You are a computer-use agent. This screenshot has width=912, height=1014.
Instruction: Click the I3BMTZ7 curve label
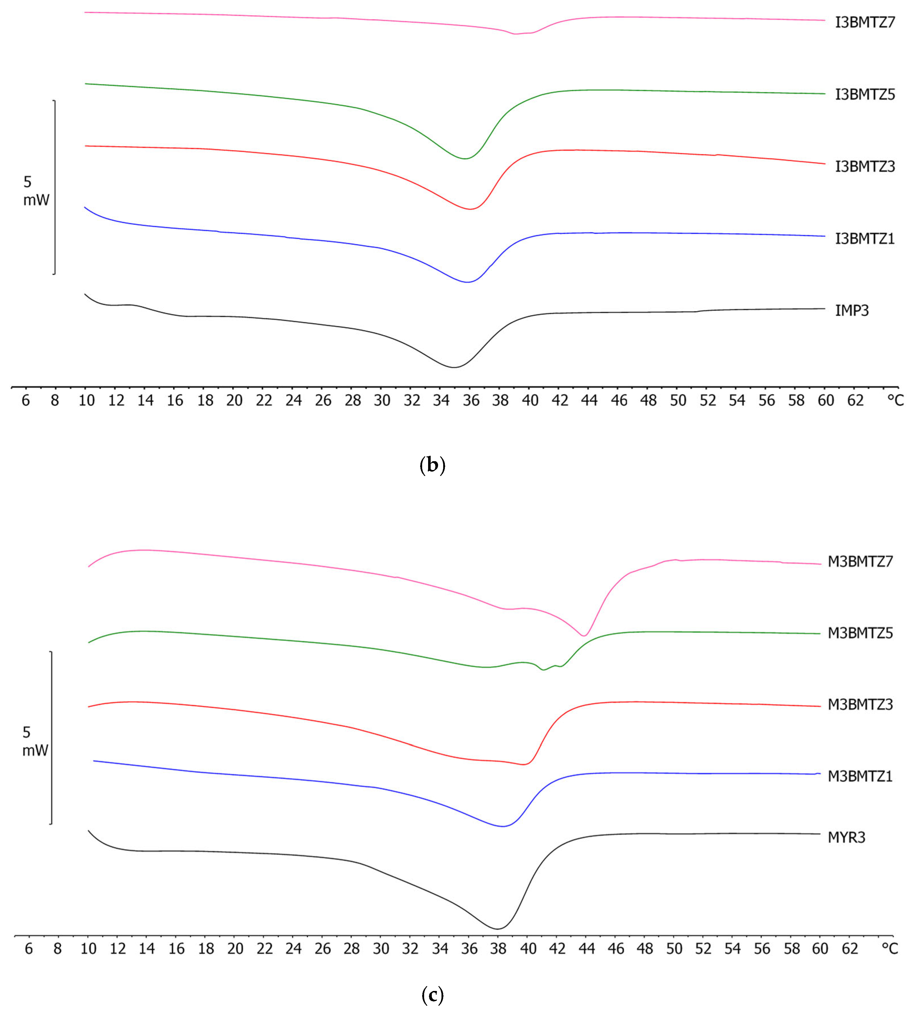pyautogui.click(x=864, y=22)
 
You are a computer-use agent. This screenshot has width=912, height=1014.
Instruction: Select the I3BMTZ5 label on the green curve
pyautogui.click(x=864, y=95)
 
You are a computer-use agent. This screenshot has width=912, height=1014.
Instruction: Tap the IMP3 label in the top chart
pyautogui.click(x=852, y=310)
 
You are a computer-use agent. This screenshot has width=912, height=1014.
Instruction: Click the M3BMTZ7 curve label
pyautogui.click(x=860, y=561)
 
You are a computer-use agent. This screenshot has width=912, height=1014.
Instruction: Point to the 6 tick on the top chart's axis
pyautogui.click(x=26, y=401)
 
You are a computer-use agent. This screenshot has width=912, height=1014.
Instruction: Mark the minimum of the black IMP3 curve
pyautogui.click(x=454, y=368)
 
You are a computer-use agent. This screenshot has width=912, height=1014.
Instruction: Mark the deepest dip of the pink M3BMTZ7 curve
pyautogui.click(x=583, y=636)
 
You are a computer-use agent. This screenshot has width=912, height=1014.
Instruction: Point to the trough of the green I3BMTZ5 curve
pyautogui.click(x=465, y=159)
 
